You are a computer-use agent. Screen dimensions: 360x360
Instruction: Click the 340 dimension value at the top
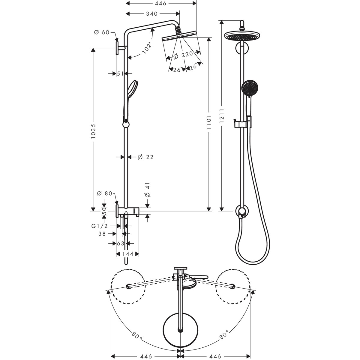[x=152, y=13]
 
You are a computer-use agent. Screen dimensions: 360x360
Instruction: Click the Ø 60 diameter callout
[x=101, y=33]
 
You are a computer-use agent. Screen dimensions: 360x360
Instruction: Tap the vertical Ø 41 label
[x=147, y=190]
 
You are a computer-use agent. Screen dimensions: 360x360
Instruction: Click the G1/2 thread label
[x=99, y=226]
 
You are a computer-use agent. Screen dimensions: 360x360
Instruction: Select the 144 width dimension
[x=127, y=254]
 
